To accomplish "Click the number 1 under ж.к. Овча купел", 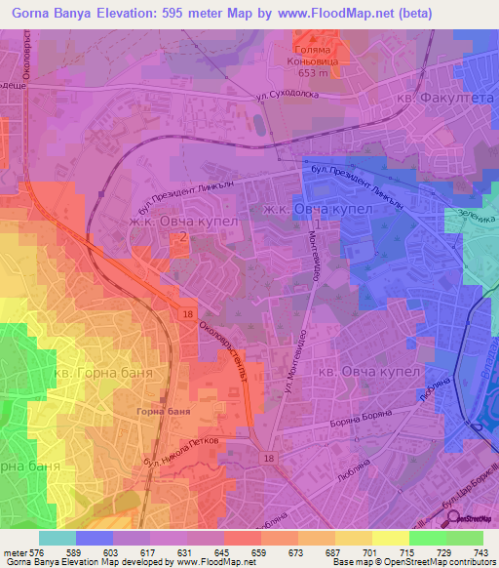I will [x=317, y=225].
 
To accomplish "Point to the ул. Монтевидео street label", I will [x=302, y=365].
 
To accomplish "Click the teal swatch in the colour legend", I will [x=57, y=537].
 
